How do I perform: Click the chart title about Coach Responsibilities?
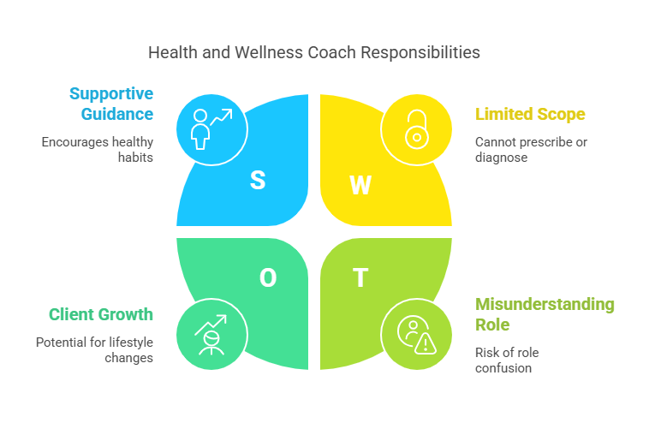point(313,52)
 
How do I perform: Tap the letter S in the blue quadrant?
point(257,180)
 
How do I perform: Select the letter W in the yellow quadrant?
point(360,185)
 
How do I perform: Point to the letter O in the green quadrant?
point(268,277)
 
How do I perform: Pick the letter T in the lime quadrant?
point(360,277)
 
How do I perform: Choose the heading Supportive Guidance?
point(111,104)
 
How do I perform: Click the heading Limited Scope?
point(530,114)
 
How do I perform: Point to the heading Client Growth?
point(101,314)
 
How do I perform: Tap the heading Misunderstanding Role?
point(545,314)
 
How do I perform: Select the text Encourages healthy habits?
point(97,150)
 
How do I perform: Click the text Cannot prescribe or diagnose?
point(531,150)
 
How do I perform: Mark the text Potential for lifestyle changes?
point(94,349)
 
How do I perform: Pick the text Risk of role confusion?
point(507,360)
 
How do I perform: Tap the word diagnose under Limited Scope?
point(502,158)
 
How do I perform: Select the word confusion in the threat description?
point(503,368)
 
